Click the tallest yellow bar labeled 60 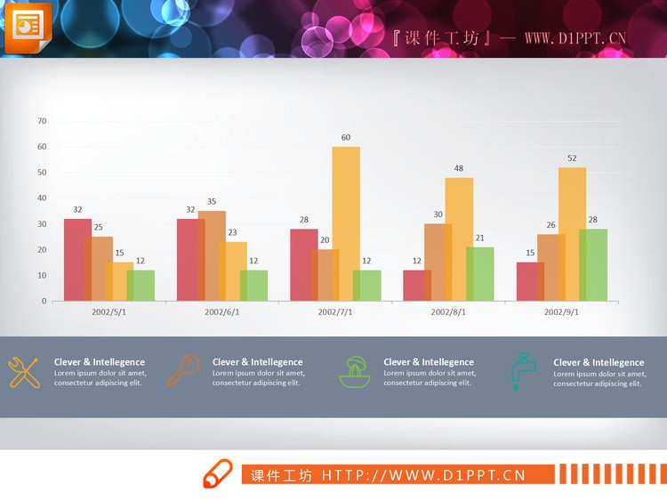point(346,222)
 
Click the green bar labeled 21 point(480,273)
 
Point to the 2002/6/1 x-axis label point(221,312)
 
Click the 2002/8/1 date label point(448,312)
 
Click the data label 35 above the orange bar point(212,201)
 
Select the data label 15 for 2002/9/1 point(530,253)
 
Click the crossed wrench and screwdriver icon point(23,371)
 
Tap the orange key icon point(182,370)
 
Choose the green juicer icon point(355,371)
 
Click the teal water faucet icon point(523,370)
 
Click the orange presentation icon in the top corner point(28,28)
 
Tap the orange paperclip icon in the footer point(218,474)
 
